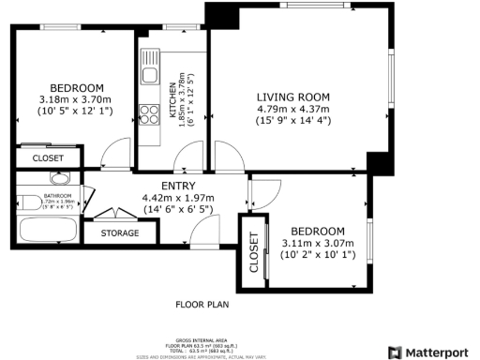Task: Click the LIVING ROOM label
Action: [x=293, y=97]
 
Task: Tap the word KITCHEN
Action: [x=172, y=98]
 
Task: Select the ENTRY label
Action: [x=178, y=187]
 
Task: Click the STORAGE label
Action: [x=120, y=232]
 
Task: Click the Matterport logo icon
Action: [x=396, y=352]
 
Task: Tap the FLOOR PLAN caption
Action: [x=202, y=305]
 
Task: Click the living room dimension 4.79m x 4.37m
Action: [x=293, y=109]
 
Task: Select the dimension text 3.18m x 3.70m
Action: [x=75, y=99]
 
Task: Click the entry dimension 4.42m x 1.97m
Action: [x=178, y=198]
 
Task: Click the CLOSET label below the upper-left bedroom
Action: [x=48, y=158]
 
